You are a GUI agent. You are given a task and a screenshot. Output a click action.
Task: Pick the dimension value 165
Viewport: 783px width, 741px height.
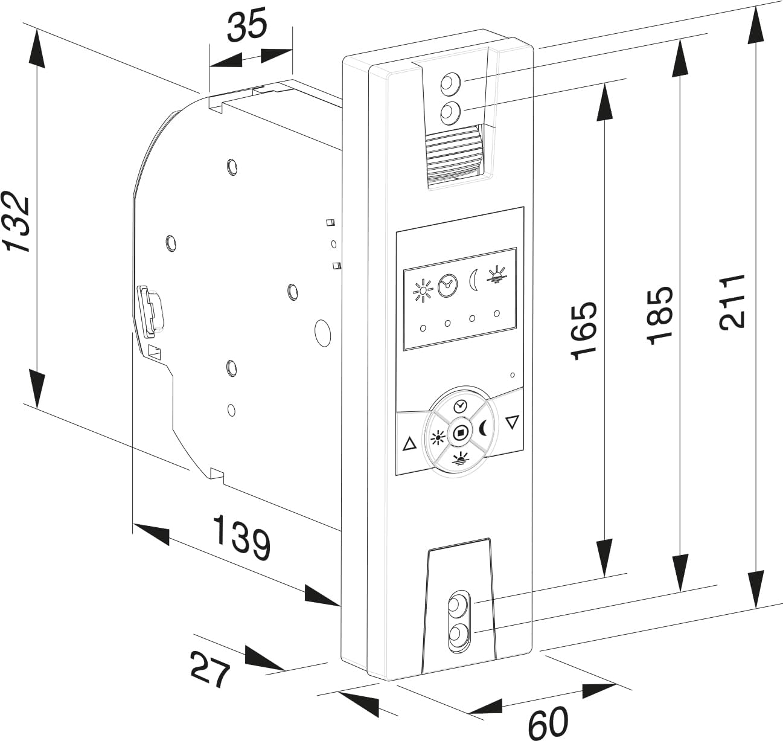click(583, 331)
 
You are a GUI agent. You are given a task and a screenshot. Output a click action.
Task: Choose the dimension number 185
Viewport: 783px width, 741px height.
click(659, 315)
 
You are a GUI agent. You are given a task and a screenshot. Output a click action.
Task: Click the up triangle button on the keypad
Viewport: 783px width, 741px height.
click(409, 444)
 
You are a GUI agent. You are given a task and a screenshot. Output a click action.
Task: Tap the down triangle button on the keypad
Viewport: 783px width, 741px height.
click(512, 422)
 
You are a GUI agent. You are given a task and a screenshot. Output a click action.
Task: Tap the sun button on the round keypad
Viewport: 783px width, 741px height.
click(437, 438)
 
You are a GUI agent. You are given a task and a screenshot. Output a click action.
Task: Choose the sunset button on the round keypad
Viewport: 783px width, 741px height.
click(461, 460)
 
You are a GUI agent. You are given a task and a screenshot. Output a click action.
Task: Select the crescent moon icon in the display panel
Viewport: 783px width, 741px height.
click(473, 280)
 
